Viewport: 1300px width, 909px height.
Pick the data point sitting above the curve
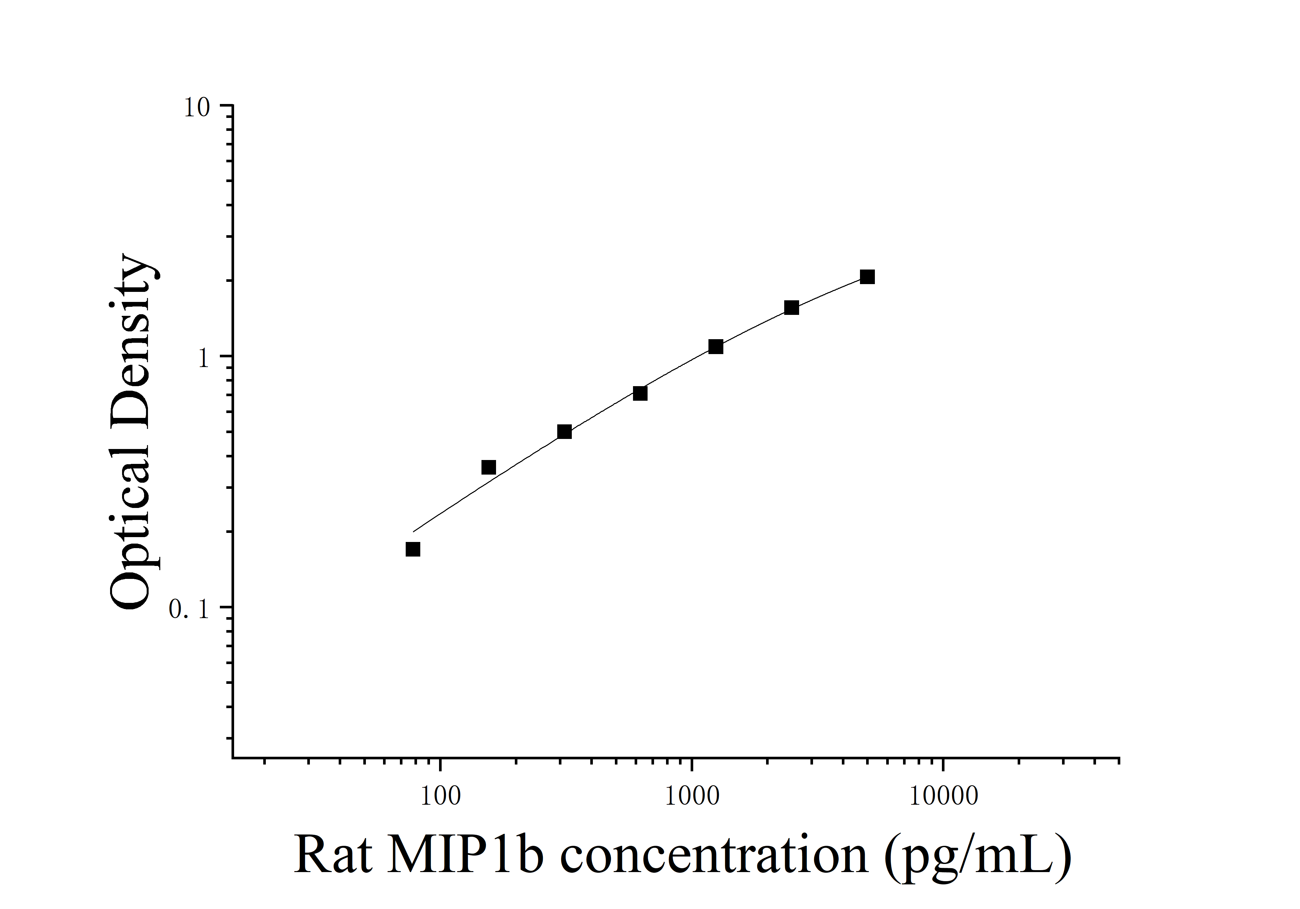coord(488,467)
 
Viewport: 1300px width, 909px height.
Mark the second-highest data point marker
coord(792,307)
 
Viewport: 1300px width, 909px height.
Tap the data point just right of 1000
coord(716,347)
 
